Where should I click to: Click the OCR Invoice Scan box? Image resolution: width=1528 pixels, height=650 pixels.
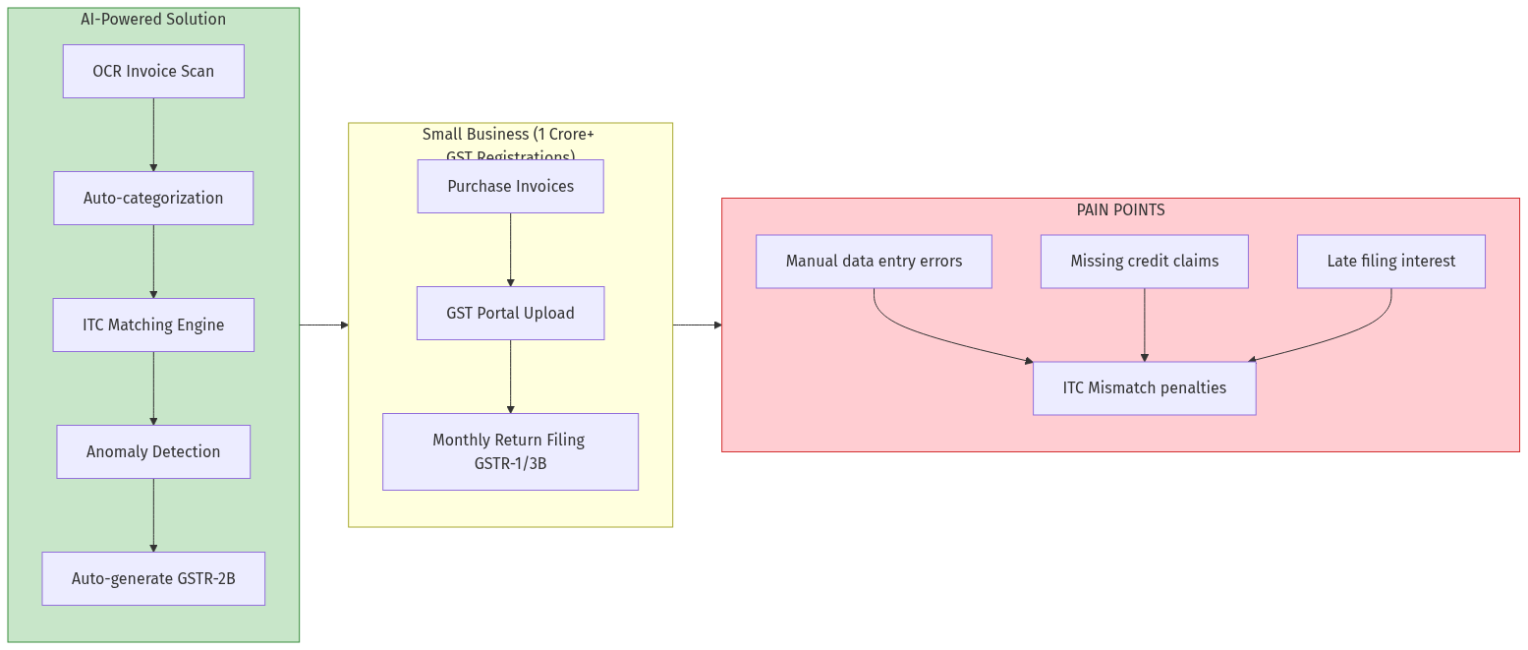pos(153,71)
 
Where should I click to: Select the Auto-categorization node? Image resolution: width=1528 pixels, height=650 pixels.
pos(153,198)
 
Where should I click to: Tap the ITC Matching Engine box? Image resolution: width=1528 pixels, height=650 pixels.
pos(153,325)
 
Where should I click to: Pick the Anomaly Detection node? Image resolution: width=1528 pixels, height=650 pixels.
pos(153,451)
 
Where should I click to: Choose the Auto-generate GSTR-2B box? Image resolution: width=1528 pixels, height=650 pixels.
pos(153,578)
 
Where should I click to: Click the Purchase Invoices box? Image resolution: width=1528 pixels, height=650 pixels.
pos(510,186)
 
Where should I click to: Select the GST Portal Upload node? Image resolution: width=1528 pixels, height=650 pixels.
pos(510,313)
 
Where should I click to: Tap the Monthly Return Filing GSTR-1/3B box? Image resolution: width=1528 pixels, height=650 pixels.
pos(510,451)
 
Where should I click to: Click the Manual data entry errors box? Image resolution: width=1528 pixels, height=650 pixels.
pos(874,261)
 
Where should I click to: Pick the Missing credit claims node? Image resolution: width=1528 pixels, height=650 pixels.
pos(1144,261)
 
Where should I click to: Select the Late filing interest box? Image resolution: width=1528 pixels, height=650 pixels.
pos(1390,261)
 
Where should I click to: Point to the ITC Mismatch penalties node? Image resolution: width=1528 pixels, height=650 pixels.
pos(1144,387)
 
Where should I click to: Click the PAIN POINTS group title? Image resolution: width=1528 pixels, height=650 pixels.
pos(1120,209)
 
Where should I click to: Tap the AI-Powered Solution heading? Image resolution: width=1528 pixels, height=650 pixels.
pos(153,19)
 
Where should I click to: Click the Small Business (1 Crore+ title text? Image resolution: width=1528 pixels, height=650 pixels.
pos(508,135)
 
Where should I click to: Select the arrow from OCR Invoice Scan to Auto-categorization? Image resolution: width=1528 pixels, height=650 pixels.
pos(153,135)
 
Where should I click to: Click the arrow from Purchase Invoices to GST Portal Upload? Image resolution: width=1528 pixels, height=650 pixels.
pos(510,250)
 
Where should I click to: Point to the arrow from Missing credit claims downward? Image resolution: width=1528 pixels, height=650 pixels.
pos(1144,325)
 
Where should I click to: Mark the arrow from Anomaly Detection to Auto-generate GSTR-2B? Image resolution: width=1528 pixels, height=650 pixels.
pos(153,515)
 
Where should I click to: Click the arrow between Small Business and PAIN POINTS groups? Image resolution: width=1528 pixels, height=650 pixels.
pos(698,325)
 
